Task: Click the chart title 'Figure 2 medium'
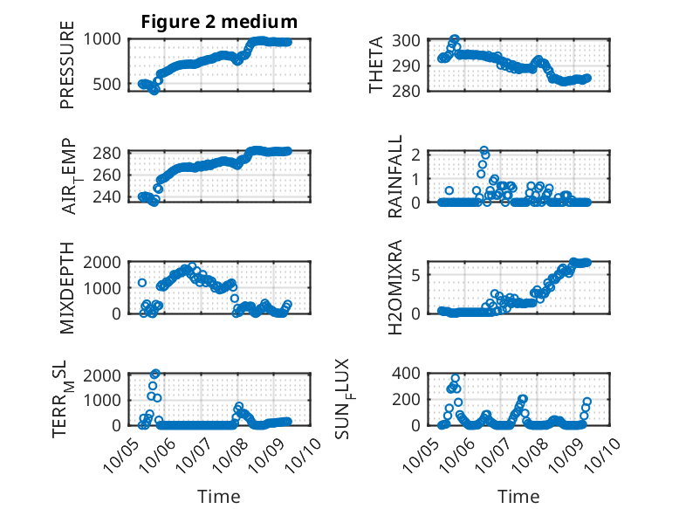point(220,22)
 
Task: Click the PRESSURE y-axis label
point(67,65)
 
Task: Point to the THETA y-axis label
point(376,65)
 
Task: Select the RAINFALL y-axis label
point(395,177)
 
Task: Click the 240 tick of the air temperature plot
point(108,197)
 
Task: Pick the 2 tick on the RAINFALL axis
point(418,155)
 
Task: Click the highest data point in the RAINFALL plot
point(484,151)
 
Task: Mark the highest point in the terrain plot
point(155,374)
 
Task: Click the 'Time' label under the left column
point(219,497)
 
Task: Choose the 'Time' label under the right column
point(518,497)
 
